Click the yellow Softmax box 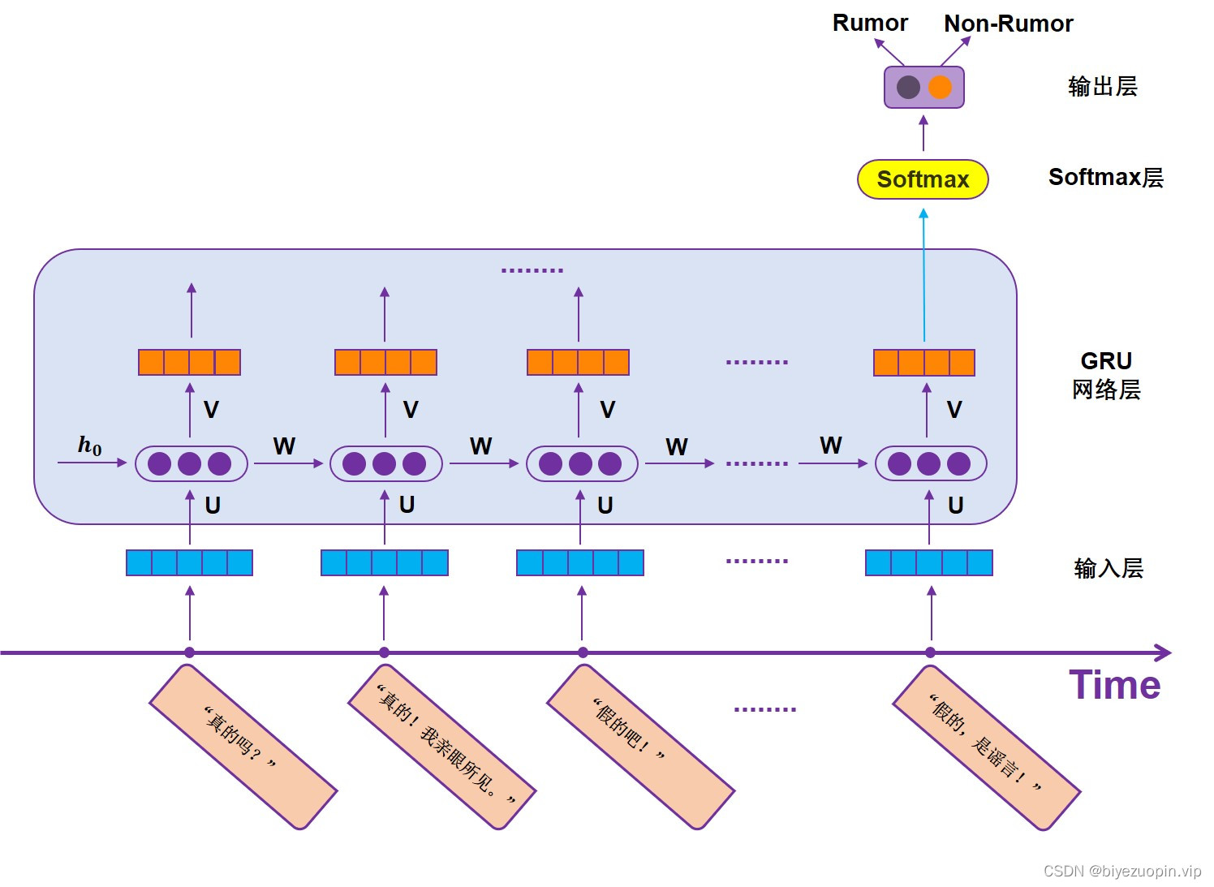click(923, 179)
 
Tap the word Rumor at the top click(870, 23)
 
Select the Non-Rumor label click(1008, 24)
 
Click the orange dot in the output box click(940, 87)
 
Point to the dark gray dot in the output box click(908, 87)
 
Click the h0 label click(89, 446)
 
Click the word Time click(1114, 685)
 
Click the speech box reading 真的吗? click(243, 747)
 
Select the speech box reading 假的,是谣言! click(986, 747)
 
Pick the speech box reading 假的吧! click(640, 747)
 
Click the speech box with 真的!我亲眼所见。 click(442, 747)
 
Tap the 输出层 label click(1102, 86)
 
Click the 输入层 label click(1108, 568)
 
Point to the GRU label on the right click(1105, 361)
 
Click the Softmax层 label click(1105, 177)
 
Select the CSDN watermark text click(1121, 871)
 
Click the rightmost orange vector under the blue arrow click(923, 362)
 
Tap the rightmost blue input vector click(928, 562)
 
